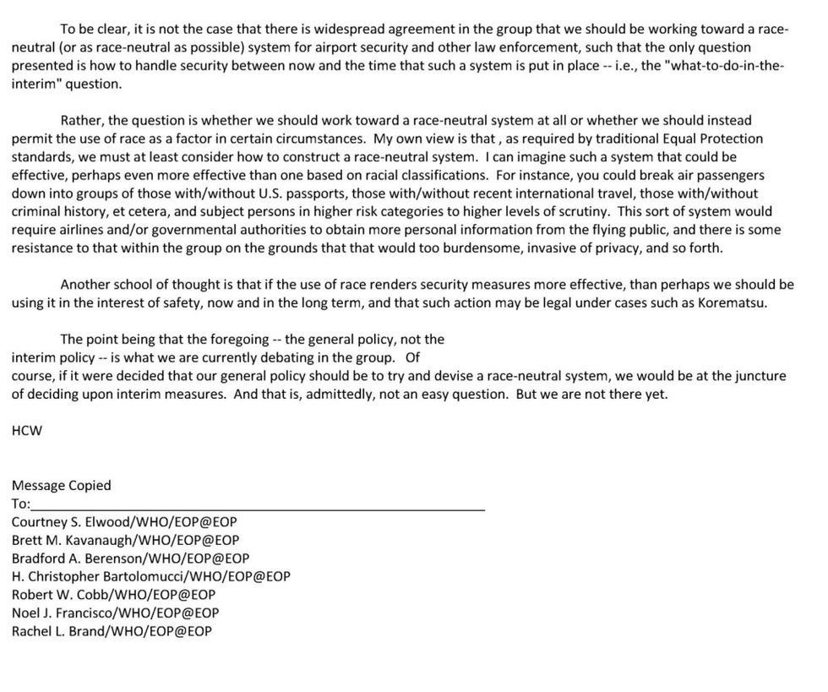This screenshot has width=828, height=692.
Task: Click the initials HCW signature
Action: point(26,430)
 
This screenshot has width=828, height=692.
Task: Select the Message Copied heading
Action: point(61,485)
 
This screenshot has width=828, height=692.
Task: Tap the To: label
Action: point(20,504)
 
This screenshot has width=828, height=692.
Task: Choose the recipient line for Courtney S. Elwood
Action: point(124,522)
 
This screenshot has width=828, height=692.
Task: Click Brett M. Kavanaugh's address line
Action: point(125,540)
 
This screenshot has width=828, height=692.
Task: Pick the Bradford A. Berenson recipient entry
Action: point(130,559)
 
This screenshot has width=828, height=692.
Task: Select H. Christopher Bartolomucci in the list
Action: point(150,576)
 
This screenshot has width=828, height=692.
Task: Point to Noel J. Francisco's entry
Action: point(115,613)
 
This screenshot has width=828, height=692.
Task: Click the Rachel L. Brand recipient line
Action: point(112,631)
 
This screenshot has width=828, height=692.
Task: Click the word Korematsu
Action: point(733,303)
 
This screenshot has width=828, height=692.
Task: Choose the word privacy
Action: point(634,248)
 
